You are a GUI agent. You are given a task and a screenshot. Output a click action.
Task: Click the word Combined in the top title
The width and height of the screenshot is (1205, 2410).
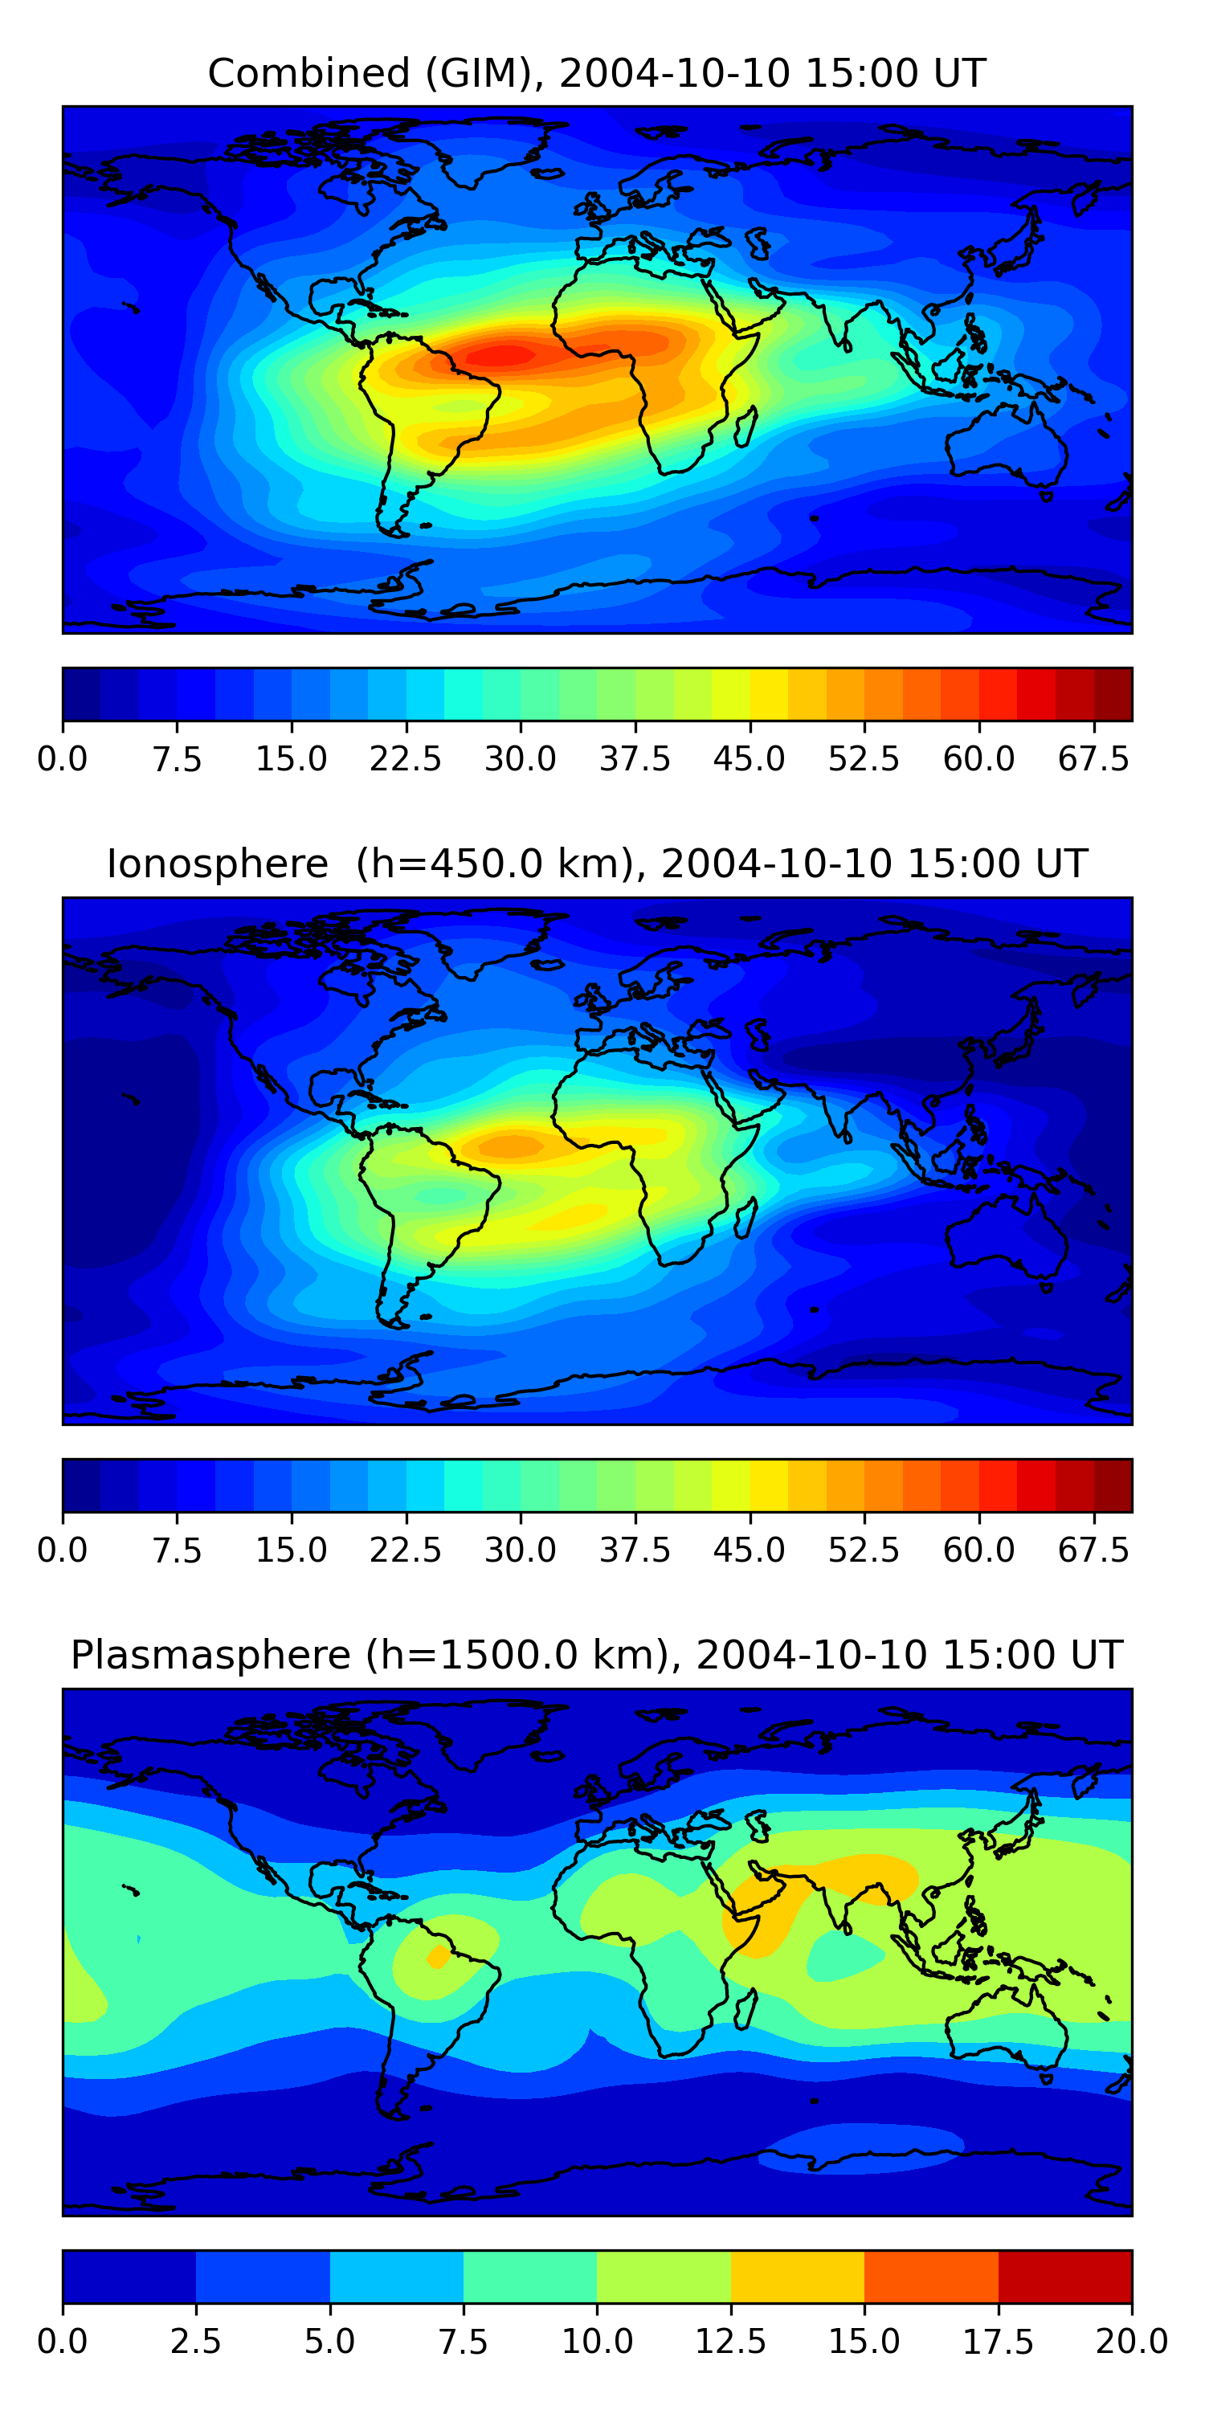tap(308, 73)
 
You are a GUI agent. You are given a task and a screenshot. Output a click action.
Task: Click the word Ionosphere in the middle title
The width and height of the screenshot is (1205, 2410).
tap(217, 864)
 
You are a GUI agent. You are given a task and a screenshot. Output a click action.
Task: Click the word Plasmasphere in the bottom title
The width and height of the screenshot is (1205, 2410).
tap(210, 1655)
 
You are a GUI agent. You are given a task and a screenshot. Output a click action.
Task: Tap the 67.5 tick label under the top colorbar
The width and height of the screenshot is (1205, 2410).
tap(1093, 758)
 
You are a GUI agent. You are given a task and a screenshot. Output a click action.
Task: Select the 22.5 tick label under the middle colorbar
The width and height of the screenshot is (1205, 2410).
tap(405, 1550)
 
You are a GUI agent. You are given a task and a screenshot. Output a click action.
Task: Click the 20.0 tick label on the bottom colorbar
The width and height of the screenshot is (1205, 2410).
tap(1131, 2342)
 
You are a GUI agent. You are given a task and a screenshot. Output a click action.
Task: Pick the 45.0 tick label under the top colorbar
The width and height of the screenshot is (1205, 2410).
tap(750, 758)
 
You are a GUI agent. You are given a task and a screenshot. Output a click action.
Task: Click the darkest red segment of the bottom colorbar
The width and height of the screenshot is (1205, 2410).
tap(1064, 2276)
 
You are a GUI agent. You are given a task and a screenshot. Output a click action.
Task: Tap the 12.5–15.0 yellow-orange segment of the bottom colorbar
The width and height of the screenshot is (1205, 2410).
tap(797, 2276)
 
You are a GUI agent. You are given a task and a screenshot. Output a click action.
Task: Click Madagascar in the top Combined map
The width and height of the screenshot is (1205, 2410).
tap(745, 427)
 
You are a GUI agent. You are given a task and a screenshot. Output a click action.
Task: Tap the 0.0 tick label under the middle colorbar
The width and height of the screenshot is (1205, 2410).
tap(62, 1550)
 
